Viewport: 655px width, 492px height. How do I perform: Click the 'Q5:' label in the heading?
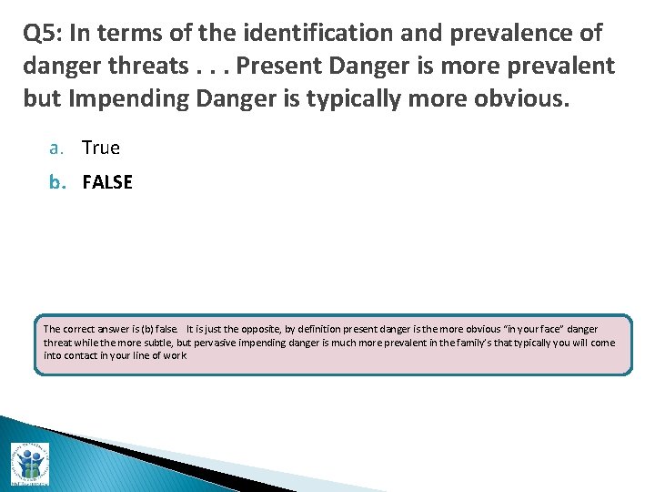(43, 35)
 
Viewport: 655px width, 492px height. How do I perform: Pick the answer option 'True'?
(101, 148)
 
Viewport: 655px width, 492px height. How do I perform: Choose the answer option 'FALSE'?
(107, 182)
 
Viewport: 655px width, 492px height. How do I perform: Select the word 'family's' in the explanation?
(469, 343)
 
